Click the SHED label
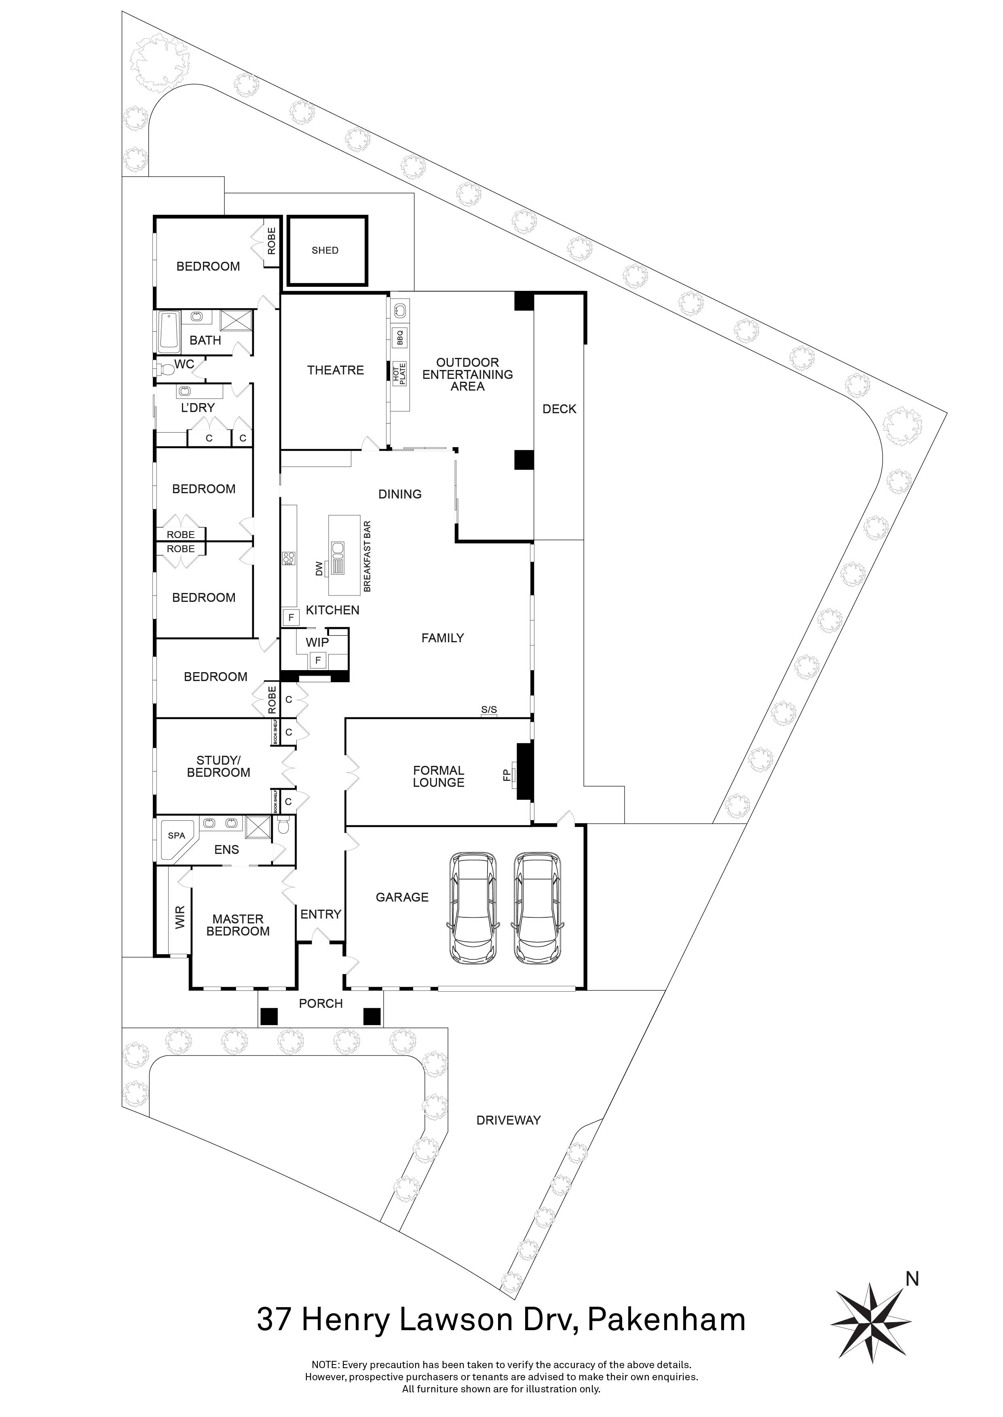(325, 250)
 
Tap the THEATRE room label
(336, 370)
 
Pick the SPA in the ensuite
(176, 836)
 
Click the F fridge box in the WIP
(318, 660)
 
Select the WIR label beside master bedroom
(180, 917)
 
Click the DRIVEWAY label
(508, 1120)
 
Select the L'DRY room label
(198, 408)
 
